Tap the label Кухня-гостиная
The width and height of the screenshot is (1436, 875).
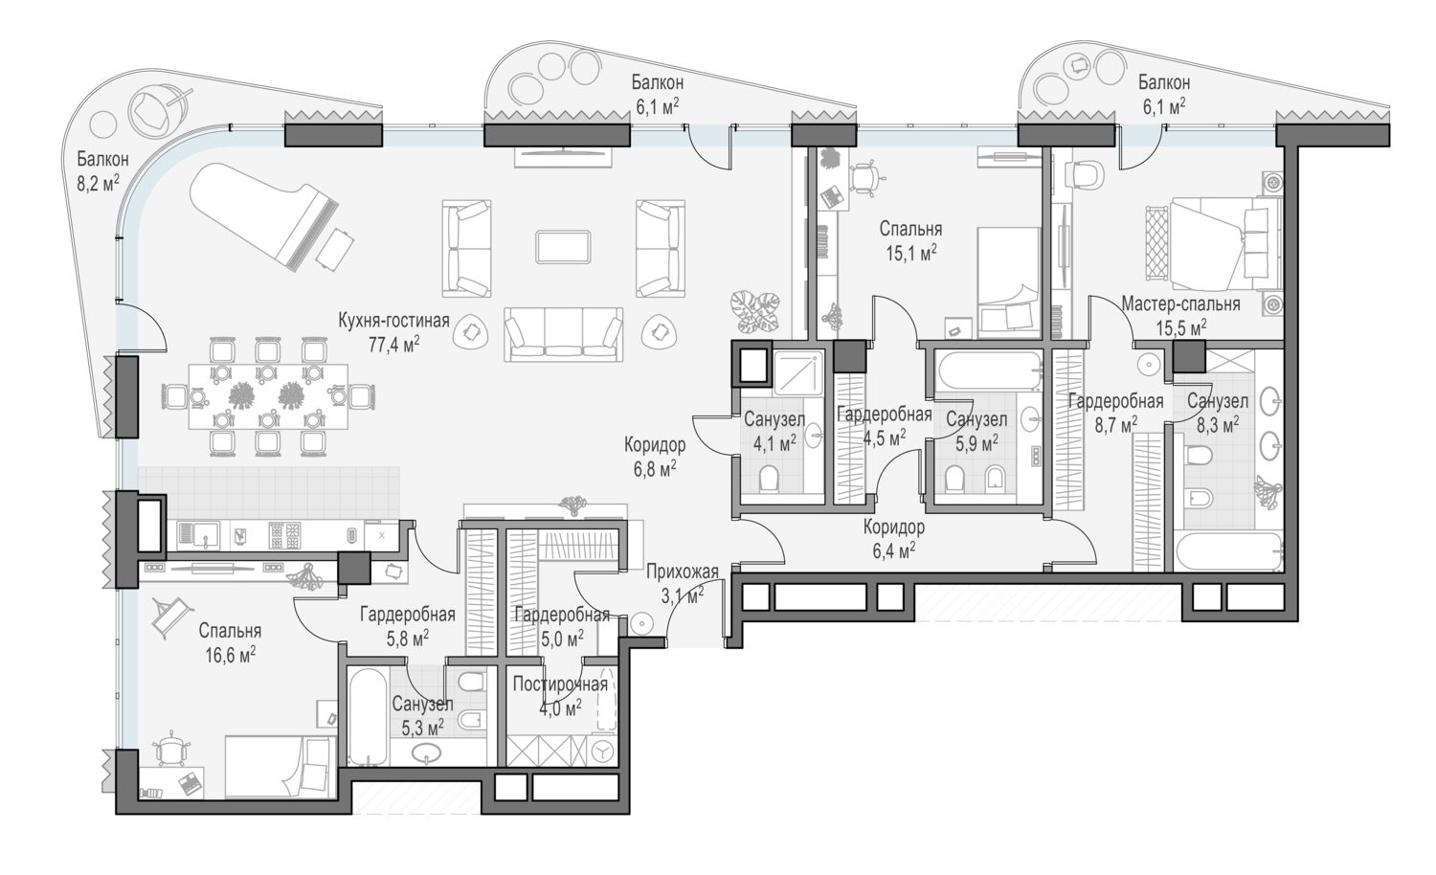click(x=393, y=320)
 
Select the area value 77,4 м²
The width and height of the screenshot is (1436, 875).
click(x=393, y=345)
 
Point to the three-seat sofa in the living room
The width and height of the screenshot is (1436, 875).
click(x=564, y=335)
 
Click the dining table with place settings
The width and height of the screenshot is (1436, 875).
click(x=268, y=396)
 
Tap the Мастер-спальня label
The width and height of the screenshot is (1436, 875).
click(x=1180, y=303)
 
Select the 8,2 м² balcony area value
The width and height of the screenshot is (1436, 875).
click(x=98, y=184)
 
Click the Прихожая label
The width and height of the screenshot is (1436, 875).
click(x=682, y=572)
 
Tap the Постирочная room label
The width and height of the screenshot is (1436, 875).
click(x=560, y=684)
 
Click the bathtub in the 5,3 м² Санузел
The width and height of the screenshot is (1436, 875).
click(x=368, y=716)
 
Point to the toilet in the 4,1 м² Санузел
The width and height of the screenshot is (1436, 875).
click(x=769, y=479)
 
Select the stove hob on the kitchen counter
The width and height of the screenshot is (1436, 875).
click(x=284, y=536)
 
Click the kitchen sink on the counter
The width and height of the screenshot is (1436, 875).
click(x=198, y=536)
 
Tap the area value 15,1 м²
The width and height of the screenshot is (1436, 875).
click(x=911, y=253)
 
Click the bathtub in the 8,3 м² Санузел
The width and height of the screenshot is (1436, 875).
click(x=1228, y=551)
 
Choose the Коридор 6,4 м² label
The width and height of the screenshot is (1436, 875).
click(x=893, y=538)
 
